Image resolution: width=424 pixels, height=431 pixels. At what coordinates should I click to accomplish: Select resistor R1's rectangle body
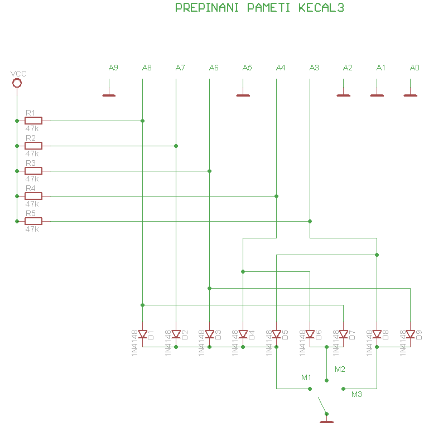tap(33, 121)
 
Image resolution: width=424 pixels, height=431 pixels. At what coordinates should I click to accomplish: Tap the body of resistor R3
tap(33, 171)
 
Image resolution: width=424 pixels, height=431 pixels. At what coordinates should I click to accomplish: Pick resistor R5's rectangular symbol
tap(33, 221)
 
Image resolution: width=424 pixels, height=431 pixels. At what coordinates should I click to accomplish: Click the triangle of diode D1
tap(142, 334)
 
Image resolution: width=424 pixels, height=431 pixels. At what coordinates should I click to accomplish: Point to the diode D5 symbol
tap(277, 334)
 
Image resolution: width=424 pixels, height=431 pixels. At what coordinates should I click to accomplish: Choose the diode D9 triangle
tap(410, 334)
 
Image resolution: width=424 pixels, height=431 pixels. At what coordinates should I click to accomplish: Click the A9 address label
tap(113, 68)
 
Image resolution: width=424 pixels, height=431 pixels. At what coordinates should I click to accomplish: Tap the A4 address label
tap(281, 68)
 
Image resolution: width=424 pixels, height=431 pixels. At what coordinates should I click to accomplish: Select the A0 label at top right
tap(415, 68)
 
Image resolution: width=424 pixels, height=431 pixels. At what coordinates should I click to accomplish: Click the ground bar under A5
tap(243, 95)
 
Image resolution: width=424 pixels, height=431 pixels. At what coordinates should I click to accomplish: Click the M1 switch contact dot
tap(310, 389)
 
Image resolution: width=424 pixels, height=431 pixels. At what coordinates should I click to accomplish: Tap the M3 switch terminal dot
tap(343, 389)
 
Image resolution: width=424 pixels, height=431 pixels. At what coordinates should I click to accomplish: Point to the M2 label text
tap(340, 369)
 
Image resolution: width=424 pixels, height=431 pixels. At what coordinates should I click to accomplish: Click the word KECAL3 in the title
tap(321, 8)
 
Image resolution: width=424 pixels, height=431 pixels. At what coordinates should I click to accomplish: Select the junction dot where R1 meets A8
tap(142, 121)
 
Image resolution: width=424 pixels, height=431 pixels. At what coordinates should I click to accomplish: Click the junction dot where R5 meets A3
tap(310, 221)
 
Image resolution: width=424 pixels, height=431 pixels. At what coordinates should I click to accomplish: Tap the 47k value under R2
tap(32, 154)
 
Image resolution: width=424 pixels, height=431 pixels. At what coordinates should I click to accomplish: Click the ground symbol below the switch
tap(327, 422)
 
